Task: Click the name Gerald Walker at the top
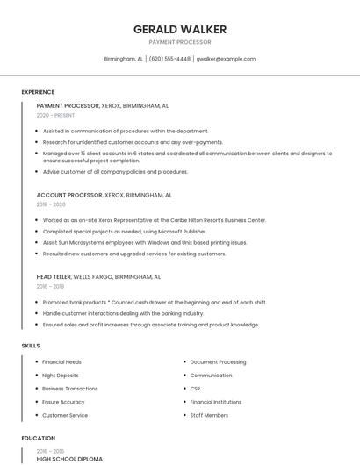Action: point(179,29)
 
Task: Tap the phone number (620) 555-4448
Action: point(169,59)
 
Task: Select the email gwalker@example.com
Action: point(226,59)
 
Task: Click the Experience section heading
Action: point(38,92)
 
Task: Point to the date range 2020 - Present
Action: point(55,115)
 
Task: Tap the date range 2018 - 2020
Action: point(51,204)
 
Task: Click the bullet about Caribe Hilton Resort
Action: point(154,220)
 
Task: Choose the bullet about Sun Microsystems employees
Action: point(145,242)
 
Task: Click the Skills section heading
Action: point(31,346)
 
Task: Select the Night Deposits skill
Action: point(60,375)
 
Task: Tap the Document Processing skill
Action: point(218,361)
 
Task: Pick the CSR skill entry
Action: point(195,388)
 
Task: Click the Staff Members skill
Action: point(209,415)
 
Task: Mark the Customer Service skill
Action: point(65,415)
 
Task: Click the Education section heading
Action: point(38,438)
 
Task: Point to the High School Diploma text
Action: point(69,459)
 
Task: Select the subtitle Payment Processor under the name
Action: point(179,42)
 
